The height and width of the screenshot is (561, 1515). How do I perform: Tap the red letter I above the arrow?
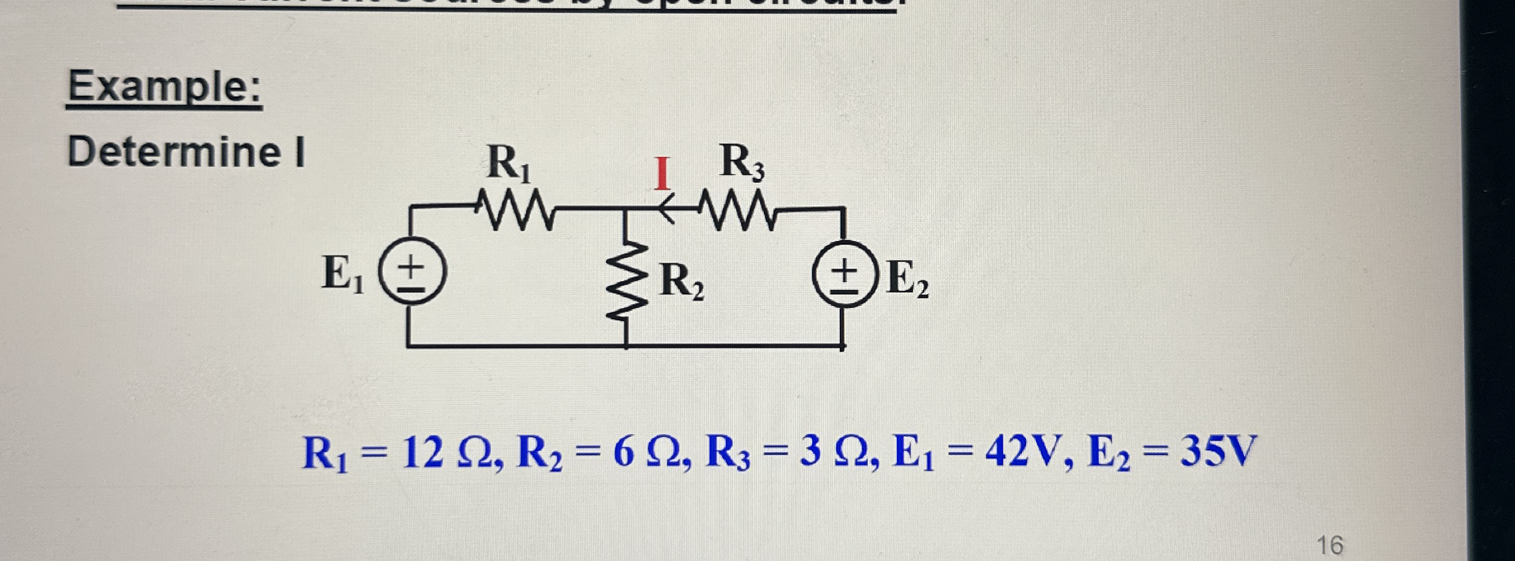coord(661,174)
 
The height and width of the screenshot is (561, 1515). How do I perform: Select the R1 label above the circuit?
coord(508,164)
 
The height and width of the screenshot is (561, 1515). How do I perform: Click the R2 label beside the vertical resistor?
coord(682,281)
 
